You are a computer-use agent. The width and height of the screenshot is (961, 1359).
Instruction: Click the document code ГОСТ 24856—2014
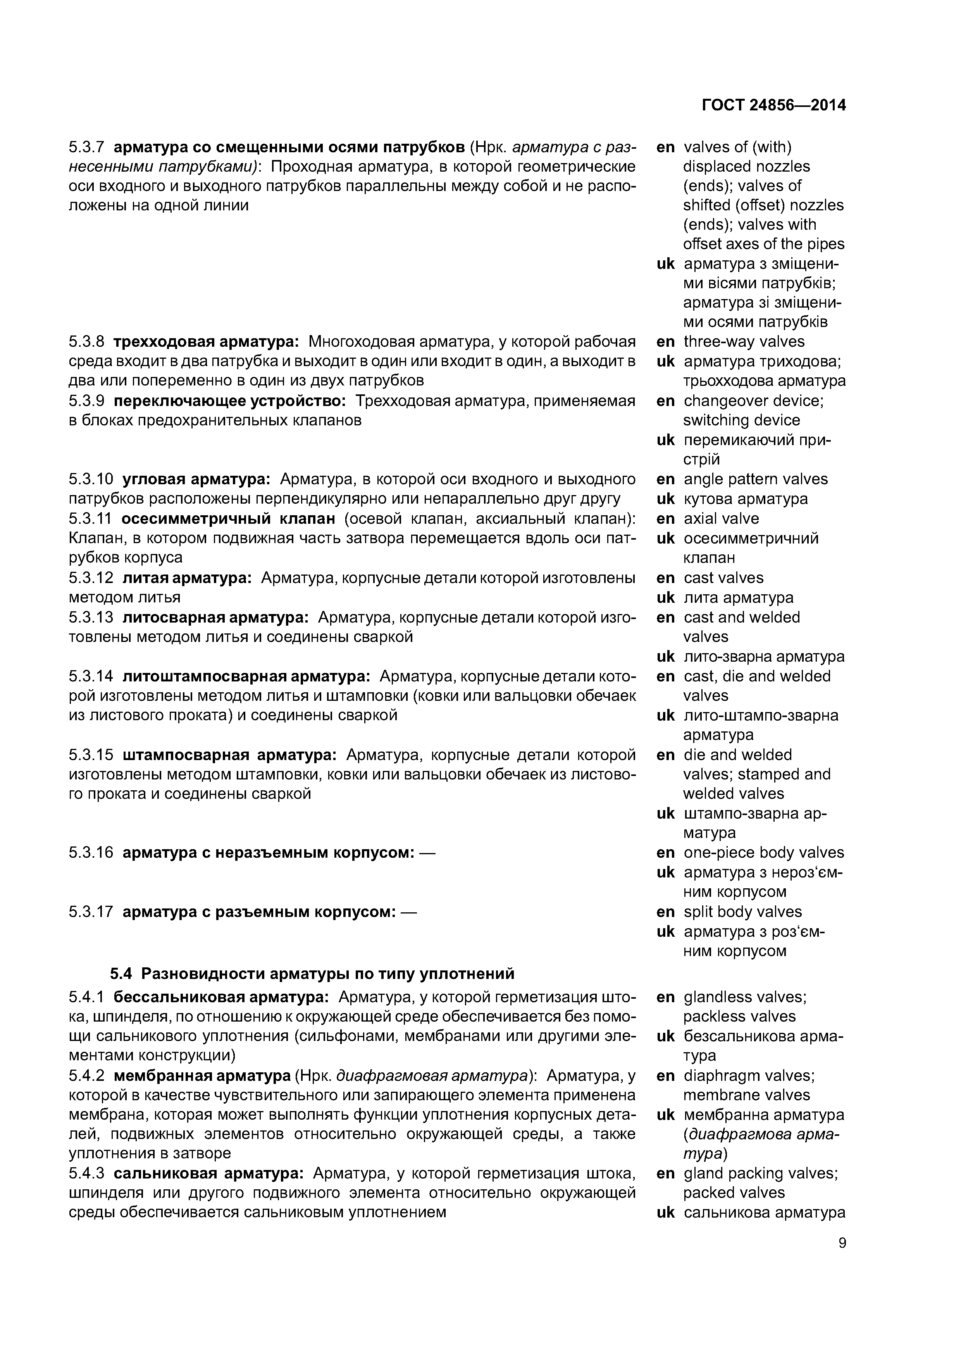tap(773, 105)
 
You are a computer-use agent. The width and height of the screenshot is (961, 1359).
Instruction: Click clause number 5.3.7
tap(86, 147)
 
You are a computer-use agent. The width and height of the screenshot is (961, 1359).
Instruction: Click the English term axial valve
tap(721, 518)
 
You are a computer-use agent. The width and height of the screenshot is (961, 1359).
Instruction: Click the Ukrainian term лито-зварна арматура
tap(764, 656)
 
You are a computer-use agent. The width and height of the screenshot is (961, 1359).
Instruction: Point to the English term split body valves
tap(742, 912)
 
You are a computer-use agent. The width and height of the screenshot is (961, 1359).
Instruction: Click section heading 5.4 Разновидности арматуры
tap(312, 974)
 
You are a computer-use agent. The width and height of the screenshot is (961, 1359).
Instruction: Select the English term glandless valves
tap(744, 997)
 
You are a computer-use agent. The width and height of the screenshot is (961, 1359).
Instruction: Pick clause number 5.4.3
tap(86, 1173)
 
